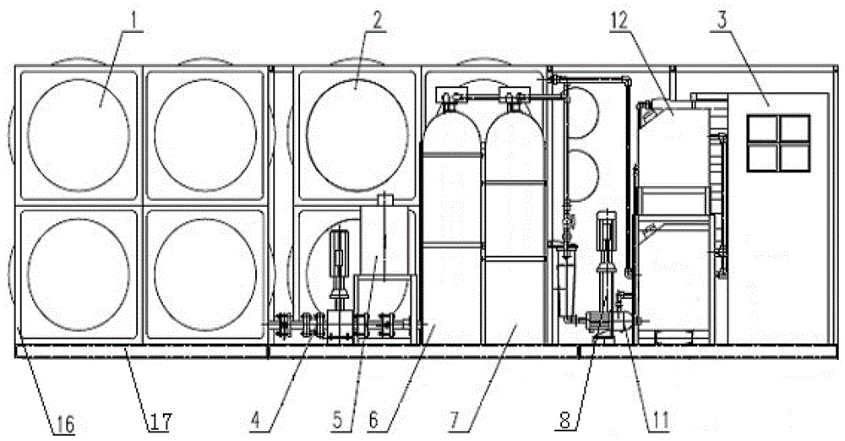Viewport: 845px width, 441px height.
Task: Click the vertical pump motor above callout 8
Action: point(606,237)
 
